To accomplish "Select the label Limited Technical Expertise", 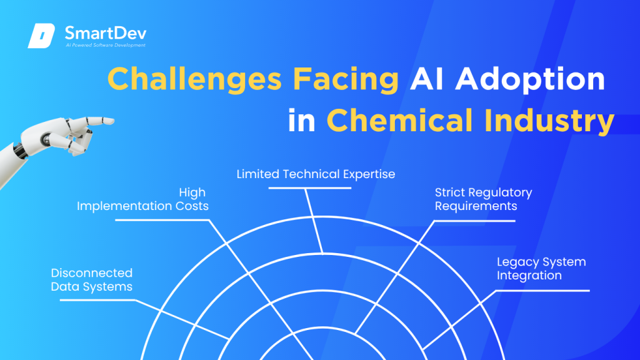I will tap(316, 174).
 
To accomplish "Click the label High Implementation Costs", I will tap(142, 199).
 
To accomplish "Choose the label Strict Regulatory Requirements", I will tap(483, 199).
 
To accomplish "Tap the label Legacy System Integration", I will tap(541, 268).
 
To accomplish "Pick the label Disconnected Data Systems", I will tap(92, 279).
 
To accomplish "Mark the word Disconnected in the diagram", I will tap(92, 272).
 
